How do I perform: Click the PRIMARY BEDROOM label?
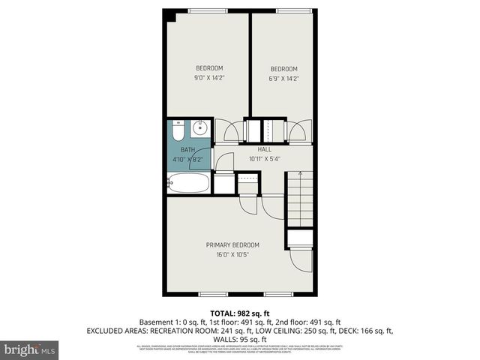232,245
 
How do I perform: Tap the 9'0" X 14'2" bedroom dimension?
210,77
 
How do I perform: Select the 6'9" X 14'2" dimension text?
284,77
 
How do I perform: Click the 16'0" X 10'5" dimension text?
232,254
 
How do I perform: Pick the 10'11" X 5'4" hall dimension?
264,159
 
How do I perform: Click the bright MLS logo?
30,349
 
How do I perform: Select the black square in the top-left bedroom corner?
171,16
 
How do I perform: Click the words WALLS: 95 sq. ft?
240,338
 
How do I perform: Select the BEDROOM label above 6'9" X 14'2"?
284,68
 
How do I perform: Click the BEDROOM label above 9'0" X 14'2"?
210,68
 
